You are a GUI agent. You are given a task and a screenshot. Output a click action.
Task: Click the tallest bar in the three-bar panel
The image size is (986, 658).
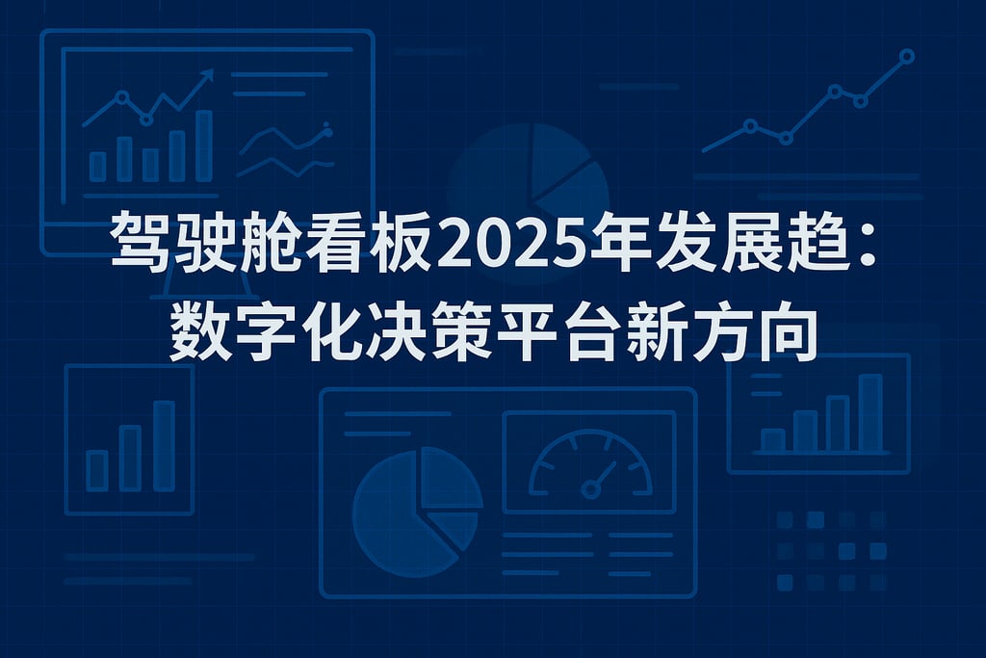tap(164, 445)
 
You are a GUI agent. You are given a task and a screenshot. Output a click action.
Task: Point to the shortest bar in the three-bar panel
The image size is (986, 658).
tap(97, 470)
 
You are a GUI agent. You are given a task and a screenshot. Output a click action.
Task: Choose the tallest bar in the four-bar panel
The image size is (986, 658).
tap(869, 412)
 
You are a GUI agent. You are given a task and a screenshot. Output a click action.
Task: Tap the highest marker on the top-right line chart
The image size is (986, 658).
tap(906, 56)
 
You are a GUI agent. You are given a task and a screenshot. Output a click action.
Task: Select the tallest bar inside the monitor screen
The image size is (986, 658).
tap(203, 145)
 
